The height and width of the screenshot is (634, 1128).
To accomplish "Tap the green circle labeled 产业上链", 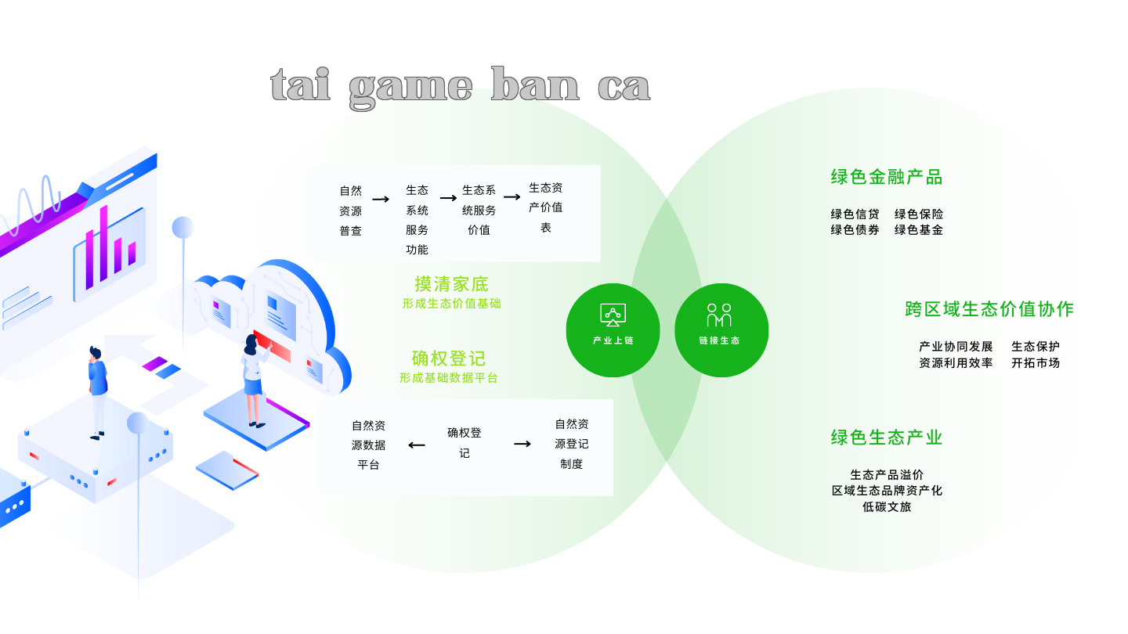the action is click(613, 330).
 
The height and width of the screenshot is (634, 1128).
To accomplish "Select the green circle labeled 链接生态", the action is click(721, 330).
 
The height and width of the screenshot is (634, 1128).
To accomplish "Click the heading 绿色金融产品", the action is click(886, 177).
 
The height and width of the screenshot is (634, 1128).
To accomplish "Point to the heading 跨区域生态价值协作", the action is click(989, 309).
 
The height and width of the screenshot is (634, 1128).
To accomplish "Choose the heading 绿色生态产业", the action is click(886, 438).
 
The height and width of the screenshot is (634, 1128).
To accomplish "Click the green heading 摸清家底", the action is click(451, 284).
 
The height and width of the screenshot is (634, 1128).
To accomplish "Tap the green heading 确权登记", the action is click(448, 358).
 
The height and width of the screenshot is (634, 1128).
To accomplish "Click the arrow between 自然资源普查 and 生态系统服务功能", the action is click(381, 200).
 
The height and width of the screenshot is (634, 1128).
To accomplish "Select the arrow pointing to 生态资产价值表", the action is click(512, 196).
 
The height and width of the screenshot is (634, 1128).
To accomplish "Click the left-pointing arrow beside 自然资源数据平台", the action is click(417, 445).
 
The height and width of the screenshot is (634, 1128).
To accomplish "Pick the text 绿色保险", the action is click(919, 214).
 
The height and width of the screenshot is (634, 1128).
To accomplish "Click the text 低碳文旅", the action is click(887, 506).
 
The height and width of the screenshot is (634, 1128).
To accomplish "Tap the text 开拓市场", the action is click(1036, 363).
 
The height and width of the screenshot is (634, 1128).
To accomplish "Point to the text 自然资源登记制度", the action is click(572, 444).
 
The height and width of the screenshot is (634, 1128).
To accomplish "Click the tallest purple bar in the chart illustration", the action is click(103, 243).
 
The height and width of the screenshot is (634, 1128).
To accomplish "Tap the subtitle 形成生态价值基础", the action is click(451, 304).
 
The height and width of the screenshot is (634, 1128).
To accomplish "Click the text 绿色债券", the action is click(855, 230).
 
